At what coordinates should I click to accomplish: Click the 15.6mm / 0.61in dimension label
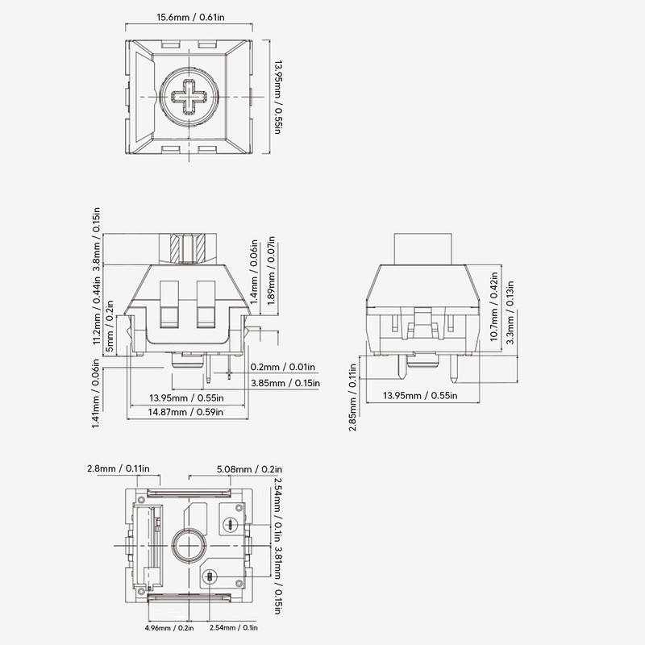[x=190, y=17]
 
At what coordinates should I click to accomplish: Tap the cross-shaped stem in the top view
[x=189, y=97]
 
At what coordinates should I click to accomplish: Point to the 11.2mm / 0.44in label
[x=96, y=310]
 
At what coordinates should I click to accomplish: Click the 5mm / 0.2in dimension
[x=110, y=326]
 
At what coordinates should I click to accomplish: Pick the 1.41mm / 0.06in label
[x=96, y=393]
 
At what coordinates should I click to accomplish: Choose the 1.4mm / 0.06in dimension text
[x=254, y=273]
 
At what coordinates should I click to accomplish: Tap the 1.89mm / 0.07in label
[x=271, y=271]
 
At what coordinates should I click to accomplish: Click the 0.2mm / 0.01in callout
[x=283, y=367]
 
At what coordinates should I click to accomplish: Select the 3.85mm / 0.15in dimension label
[x=285, y=383]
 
